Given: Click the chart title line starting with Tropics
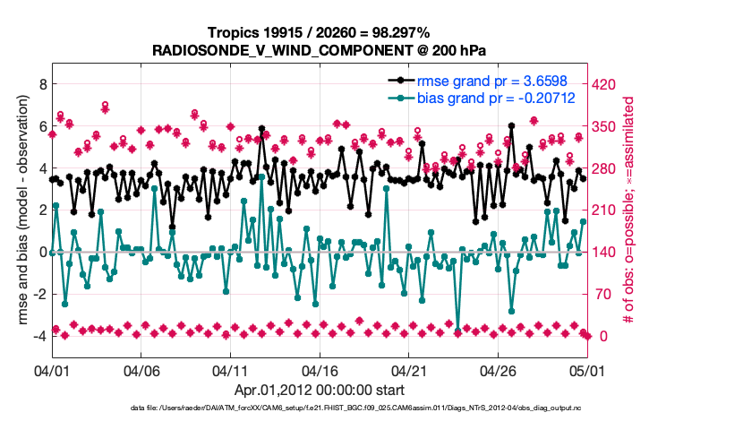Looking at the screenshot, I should [319, 32].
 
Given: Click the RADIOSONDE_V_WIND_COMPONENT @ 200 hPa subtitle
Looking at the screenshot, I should [319, 49].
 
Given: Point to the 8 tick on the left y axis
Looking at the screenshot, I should [41, 84].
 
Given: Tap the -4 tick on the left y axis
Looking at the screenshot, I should [38, 336].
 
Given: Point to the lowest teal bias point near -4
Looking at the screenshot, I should [457, 331].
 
